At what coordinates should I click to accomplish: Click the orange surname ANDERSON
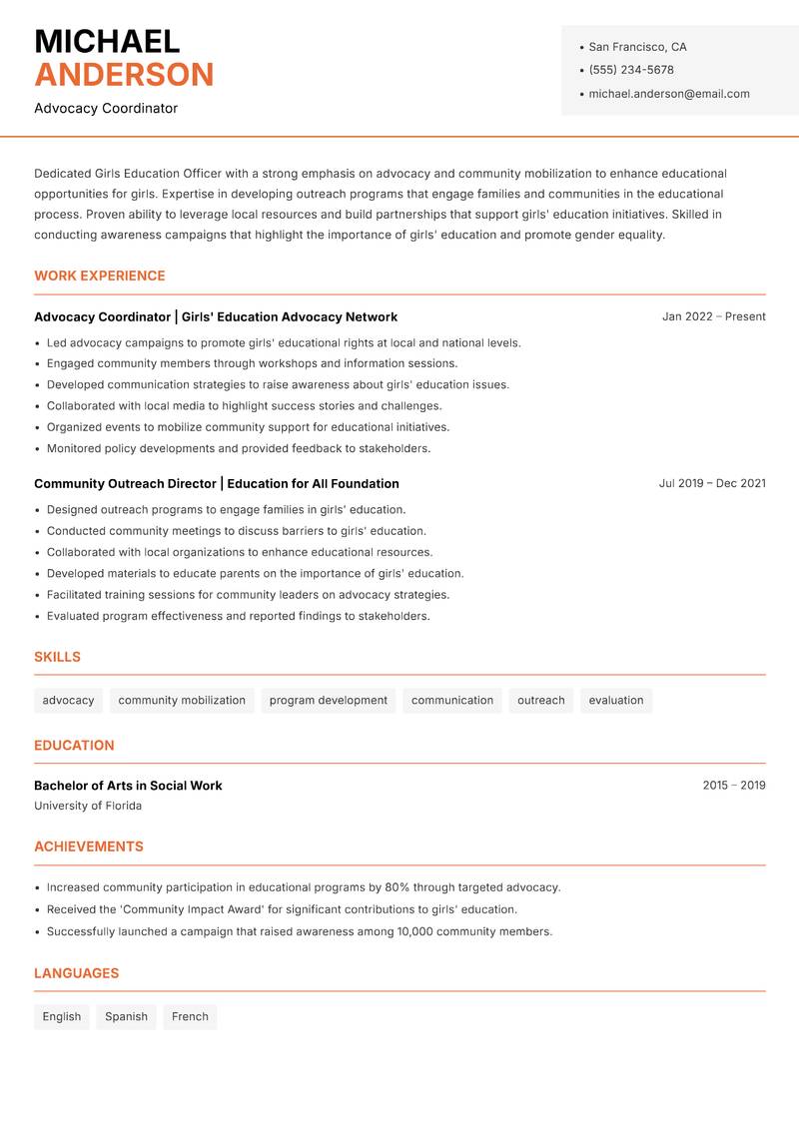click(124, 75)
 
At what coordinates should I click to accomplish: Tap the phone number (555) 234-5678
click(630, 70)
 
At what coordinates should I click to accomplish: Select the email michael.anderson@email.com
click(668, 94)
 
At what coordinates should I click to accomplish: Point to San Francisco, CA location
click(637, 47)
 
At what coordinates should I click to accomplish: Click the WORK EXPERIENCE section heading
click(99, 276)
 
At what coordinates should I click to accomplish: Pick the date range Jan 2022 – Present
click(713, 316)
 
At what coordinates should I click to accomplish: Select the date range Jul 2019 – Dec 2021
click(712, 483)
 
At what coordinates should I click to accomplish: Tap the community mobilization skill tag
click(182, 700)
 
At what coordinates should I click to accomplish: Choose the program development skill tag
click(328, 700)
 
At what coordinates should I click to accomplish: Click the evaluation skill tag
click(615, 700)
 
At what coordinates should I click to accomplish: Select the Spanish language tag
click(126, 1016)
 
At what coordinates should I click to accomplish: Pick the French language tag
click(190, 1016)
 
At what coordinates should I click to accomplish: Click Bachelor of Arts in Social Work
click(128, 786)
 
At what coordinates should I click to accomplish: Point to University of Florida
click(88, 806)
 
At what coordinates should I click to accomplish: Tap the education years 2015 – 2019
click(733, 786)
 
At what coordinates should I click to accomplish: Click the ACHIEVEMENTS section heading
click(89, 846)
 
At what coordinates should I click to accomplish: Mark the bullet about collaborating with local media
click(244, 406)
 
